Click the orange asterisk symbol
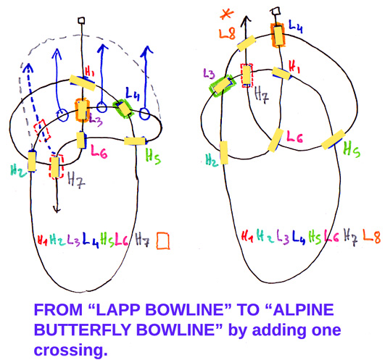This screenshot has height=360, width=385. (x=226, y=14)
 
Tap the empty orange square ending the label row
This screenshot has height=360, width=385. (x=163, y=240)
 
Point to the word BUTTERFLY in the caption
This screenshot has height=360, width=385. (x=83, y=330)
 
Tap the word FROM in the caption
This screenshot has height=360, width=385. (x=58, y=309)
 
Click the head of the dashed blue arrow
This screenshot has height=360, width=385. (x=29, y=67)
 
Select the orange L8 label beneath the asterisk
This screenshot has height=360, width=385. (x=228, y=33)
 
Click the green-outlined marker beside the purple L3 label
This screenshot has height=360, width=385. (x=221, y=85)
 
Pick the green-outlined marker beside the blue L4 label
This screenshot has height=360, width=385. (x=123, y=109)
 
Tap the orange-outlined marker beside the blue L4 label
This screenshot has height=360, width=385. (x=278, y=35)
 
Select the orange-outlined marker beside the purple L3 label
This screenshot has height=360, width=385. (x=82, y=110)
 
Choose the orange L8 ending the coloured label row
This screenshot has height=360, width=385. (x=371, y=237)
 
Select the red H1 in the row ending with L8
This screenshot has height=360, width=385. (x=247, y=236)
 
